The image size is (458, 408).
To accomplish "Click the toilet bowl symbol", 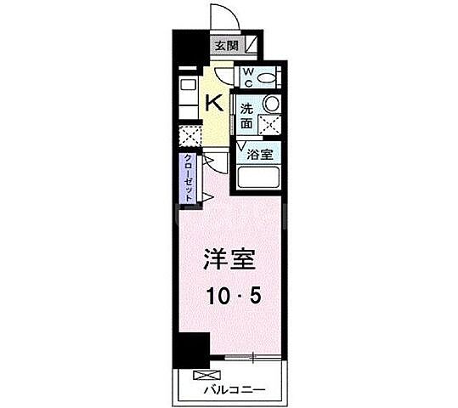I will (x=267, y=78).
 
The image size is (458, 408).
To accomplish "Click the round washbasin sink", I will (x=270, y=103).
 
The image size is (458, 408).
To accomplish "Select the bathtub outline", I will (x=259, y=178).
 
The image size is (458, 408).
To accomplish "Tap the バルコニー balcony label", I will (x=235, y=390).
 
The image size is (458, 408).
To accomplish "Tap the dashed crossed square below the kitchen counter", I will (x=188, y=137).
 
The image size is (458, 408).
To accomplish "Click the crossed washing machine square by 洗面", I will (x=269, y=124).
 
